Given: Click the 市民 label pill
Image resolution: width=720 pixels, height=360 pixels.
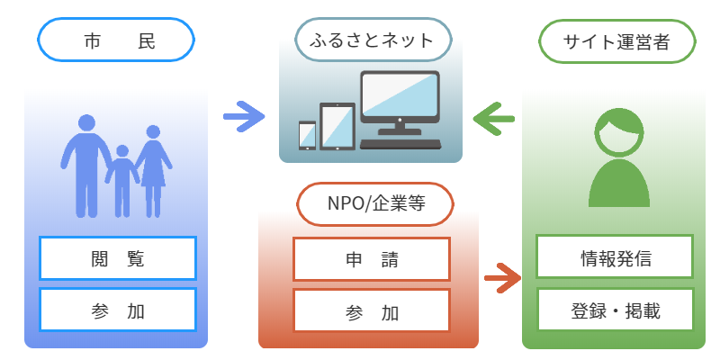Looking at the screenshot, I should click(x=116, y=40).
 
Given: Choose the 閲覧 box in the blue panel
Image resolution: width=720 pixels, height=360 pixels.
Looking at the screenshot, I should click(x=118, y=258).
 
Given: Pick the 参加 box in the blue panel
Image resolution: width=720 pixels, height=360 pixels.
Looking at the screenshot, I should click(x=118, y=310).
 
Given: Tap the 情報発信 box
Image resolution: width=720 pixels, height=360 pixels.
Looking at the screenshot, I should click(x=616, y=258).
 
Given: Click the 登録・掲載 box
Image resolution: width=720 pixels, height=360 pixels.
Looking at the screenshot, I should click(x=616, y=310).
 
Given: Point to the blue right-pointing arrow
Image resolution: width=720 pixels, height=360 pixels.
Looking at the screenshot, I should click(x=244, y=115).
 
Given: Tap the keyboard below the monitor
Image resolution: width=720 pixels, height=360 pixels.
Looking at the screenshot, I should click(x=400, y=144).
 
